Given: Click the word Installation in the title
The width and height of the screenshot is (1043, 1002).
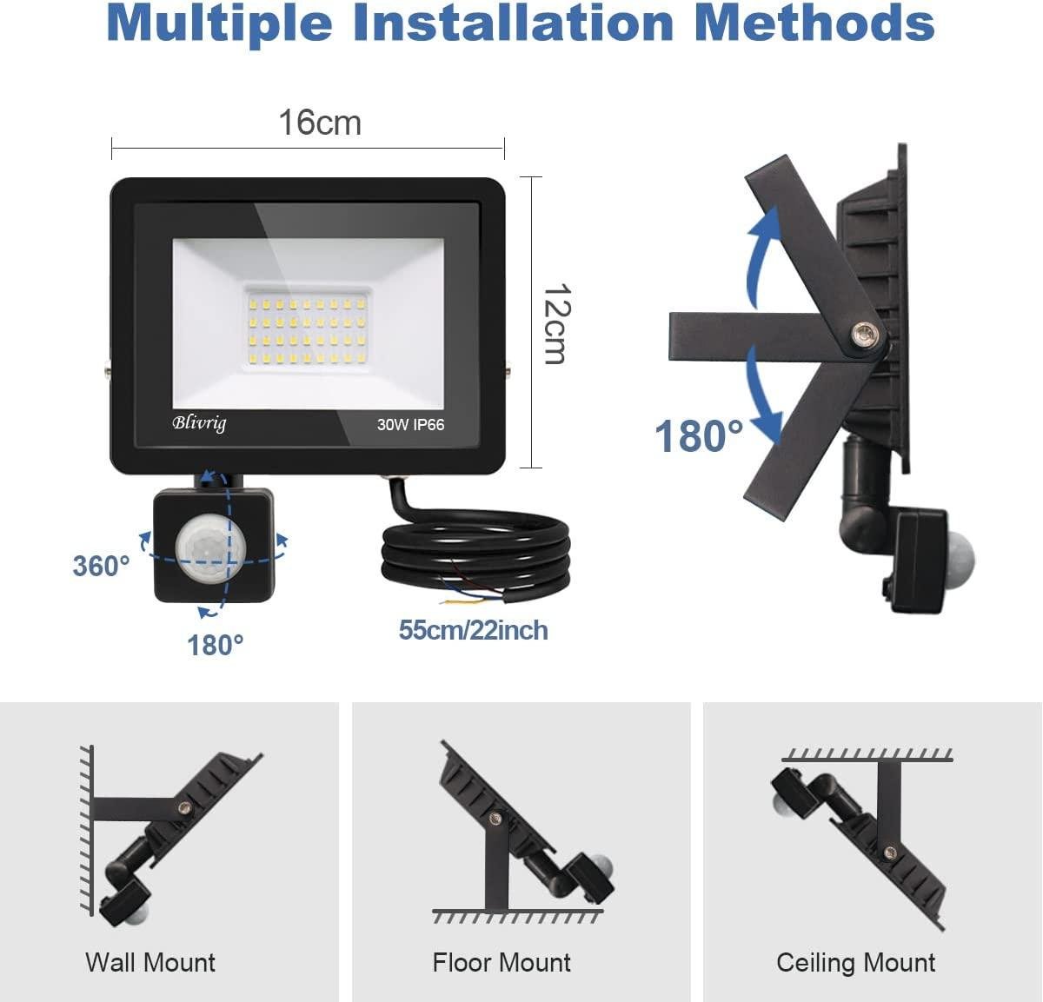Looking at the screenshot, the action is coord(513,23).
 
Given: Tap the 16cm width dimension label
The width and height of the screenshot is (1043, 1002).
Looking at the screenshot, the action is coord(319,123).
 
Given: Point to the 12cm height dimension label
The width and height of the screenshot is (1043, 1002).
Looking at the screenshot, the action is coord(555,323).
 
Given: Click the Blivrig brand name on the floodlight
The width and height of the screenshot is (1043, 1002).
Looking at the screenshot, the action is coord(199,423).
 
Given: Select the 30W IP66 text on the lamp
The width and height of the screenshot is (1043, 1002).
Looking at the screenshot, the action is coord(410,425).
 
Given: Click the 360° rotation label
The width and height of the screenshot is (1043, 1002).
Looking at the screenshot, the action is coord(101,566).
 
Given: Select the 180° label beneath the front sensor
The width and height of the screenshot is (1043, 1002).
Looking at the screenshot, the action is coord(216,645).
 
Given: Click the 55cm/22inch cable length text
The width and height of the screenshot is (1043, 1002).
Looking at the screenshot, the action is coord(473,630).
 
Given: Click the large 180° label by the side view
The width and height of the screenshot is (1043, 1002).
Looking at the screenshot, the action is coord(699,435).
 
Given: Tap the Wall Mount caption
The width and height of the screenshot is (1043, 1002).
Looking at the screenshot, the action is coord(150,963).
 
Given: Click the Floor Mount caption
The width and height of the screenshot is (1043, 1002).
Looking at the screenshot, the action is coord(502,963).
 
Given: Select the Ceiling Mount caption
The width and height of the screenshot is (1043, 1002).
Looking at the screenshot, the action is coord(855,963).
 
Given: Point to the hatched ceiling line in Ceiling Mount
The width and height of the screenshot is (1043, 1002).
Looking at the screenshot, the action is coord(867,753).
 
